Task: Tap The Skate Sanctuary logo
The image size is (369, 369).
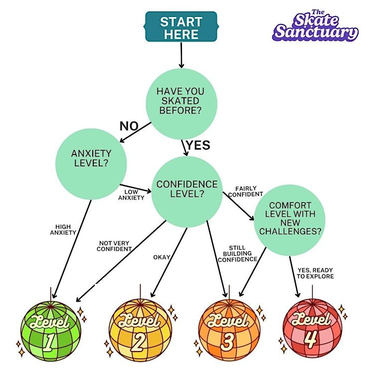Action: tap(315, 26)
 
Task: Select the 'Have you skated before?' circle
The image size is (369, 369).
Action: tap(181, 103)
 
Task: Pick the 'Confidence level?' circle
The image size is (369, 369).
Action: tap(187, 189)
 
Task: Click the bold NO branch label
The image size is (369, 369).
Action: tap(129, 126)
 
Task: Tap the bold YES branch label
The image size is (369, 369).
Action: tap(198, 145)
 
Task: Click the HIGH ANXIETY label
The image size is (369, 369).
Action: tap(63, 229)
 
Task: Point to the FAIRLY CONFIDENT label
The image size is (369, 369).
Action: tap(246, 191)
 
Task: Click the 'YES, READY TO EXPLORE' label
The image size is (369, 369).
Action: tap(316, 273)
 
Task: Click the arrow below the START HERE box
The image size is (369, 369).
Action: tap(181, 56)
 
